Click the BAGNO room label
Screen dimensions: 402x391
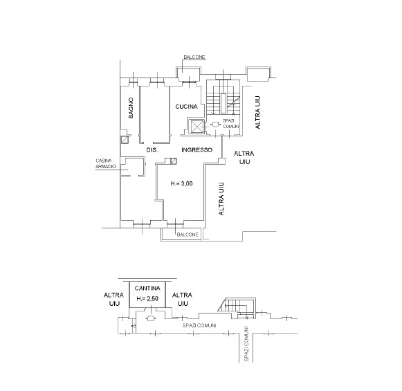(131, 108)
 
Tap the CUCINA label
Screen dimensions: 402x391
(186, 107)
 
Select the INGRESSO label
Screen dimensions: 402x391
(197, 149)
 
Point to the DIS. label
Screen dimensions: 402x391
(152, 150)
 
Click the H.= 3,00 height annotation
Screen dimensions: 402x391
(181, 183)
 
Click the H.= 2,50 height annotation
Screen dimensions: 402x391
(147, 299)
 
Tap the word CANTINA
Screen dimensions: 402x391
(147, 288)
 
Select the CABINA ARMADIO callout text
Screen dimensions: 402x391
(106, 163)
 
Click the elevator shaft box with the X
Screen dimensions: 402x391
(197, 127)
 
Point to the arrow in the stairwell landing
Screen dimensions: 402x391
(215, 125)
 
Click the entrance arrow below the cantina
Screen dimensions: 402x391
(151, 318)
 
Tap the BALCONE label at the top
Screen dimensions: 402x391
(194, 57)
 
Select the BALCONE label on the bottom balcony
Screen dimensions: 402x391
(188, 235)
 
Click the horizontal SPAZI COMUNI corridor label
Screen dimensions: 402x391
(199, 325)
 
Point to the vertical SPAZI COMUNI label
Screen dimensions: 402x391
(246, 343)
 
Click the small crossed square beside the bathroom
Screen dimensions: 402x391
(125, 140)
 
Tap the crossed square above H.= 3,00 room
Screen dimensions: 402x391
(174, 161)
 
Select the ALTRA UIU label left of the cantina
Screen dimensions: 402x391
(113, 299)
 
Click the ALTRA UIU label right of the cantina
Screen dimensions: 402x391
(182, 299)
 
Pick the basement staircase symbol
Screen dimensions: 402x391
(237, 308)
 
